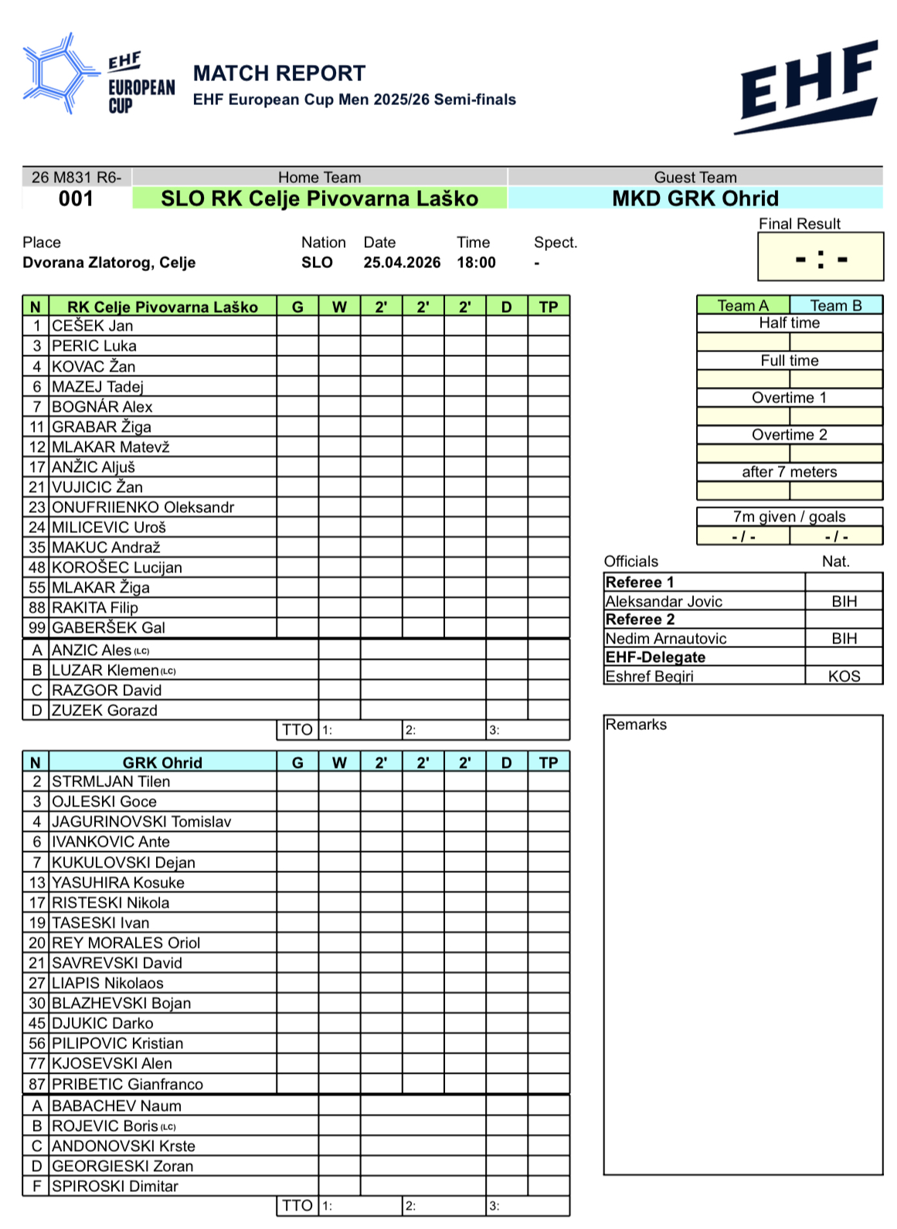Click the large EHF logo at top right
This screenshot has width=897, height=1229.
(x=809, y=87)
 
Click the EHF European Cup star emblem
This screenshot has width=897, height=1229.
(x=58, y=74)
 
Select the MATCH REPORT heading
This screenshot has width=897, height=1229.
(x=279, y=73)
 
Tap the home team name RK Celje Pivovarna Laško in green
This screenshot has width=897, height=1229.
(x=319, y=199)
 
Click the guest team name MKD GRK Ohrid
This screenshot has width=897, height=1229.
(x=695, y=199)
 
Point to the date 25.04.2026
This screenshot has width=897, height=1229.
(x=402, y=263)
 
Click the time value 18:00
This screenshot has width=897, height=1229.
(x=476, y=263)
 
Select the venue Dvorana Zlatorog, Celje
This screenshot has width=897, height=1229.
(x=109, y=263)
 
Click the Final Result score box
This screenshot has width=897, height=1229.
(x=821, y=257)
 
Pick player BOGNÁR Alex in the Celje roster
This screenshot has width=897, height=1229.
(x=102, y=407)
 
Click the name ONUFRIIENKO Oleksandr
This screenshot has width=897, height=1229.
(x=143, y=508)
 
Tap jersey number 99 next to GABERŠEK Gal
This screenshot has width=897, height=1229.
(x=37, y=628)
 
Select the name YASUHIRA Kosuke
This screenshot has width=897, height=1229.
(x=118, y=883)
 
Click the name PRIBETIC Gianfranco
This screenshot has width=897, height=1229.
(x=127, y=1085)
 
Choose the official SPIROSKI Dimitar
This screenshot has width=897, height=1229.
(x=115, y=1187)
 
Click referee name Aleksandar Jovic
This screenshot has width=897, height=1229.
(x=664, y=602)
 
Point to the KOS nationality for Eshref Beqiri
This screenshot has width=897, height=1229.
(x=844, y=677)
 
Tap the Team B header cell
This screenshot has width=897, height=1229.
(x=835, y=306)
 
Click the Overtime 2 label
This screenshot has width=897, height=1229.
(x=789, y=435)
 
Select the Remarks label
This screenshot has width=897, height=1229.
(x=636, y=725)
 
